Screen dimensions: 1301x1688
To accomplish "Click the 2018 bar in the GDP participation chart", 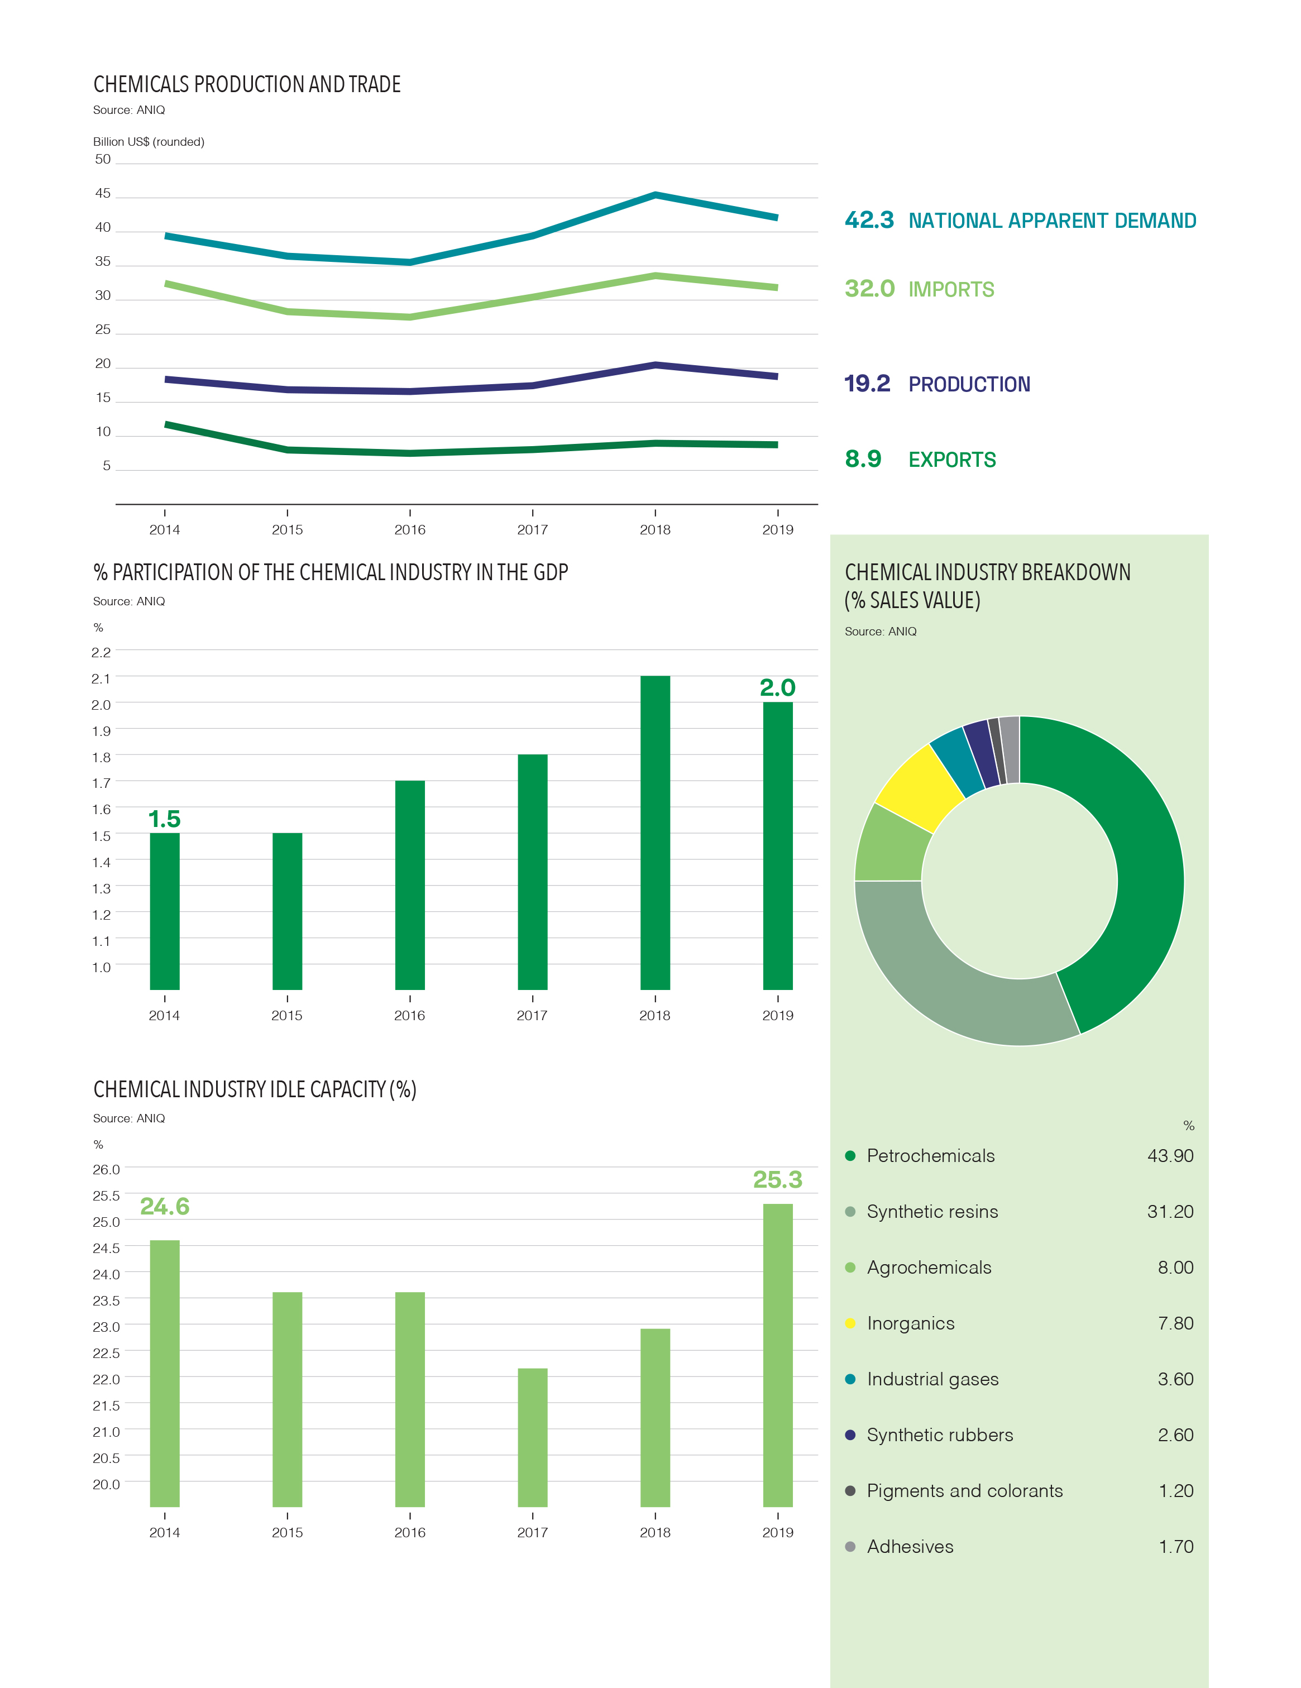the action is point(655,833).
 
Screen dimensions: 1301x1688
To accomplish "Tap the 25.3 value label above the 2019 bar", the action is point(778,1179).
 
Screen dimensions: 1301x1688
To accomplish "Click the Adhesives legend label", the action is point(910,1547).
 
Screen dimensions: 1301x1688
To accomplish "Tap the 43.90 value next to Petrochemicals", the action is point(1170,1155).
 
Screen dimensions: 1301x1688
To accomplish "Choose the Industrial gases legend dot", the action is point(850,1379).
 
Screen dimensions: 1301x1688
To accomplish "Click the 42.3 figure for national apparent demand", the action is point(869,220).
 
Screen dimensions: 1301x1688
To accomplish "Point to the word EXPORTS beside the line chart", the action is point(953,460).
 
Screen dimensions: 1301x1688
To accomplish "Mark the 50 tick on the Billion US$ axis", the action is point(103,159).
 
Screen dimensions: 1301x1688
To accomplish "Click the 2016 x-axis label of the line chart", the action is point(410,529).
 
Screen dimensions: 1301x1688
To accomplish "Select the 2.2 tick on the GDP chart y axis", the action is point(101,652).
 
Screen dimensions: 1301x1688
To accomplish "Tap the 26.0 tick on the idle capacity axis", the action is point(107,1169).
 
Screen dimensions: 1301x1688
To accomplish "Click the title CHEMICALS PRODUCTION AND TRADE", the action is point(247,84).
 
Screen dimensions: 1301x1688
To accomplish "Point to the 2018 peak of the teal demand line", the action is point(656,195).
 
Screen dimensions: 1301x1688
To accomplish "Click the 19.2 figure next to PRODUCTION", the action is point(867,384).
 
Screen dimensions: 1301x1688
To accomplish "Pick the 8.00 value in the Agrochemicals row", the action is point(1176,1268).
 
